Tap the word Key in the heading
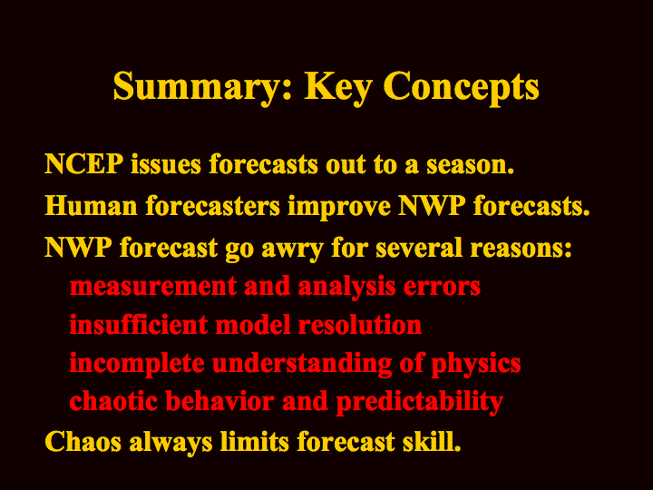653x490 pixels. coord(337,87)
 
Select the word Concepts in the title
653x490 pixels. coord(461,87)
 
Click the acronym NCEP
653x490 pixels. coord(83,163)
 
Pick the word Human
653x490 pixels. coord(91,205)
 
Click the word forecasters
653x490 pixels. coord(212,205)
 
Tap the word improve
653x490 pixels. coord(339,208)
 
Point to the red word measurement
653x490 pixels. coord(153,287)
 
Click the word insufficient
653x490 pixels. coord(139,325)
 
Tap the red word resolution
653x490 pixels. coord(360,325)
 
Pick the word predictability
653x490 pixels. coord(419,403)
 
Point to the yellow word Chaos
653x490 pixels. coord(83,442)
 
